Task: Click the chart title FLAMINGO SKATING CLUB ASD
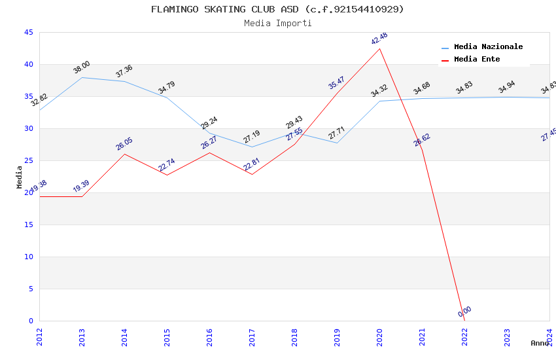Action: point(277,9)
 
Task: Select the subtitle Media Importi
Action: point(277,23)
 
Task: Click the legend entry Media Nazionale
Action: point(488,47)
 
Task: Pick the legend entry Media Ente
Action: point(477,60)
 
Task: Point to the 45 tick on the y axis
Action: point(28,33)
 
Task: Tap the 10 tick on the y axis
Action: point(28,257)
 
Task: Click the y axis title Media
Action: point(20,177)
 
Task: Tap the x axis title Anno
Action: point(540,343)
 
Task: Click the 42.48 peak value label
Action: point(379,39)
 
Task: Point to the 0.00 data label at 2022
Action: point(464,312)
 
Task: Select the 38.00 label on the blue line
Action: point(82,67)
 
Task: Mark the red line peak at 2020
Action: point(379,48)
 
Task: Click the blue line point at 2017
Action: point(252,147)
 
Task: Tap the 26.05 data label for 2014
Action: point(124,144)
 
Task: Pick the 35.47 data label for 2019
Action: point(337,82)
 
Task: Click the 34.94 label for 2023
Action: point(507,88)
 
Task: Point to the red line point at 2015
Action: point(167,175)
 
